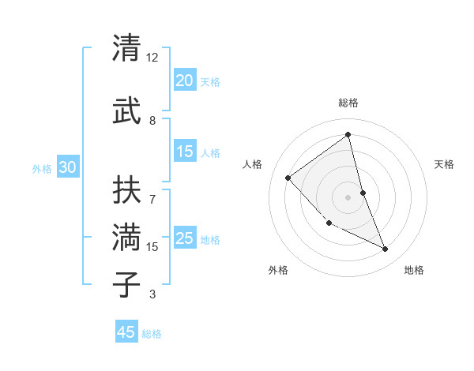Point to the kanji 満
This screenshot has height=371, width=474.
click(127, 238)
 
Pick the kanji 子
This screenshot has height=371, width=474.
click(127, 284)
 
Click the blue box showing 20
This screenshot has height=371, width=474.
click(184, 81)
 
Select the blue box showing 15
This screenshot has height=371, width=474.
click(184, 152)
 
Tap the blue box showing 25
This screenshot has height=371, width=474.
click(184, 238)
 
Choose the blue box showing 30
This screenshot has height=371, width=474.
click(67, 167)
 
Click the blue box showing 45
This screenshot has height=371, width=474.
click(126, 332)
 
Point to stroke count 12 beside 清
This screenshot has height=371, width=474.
click(152, 58)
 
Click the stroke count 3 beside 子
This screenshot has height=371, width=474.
click(152, 294)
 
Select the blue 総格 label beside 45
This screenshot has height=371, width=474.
click(152, 334)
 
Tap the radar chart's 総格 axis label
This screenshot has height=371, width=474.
click(348, 103)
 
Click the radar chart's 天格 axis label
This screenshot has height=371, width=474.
click(444, 164)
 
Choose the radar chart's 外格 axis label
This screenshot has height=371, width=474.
click(278, 270)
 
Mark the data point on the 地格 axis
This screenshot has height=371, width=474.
click(386, 249)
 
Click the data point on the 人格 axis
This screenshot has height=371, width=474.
click(288, 178)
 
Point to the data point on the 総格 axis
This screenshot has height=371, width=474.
click(348, 135)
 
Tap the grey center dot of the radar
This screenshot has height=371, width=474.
click(348, 197)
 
